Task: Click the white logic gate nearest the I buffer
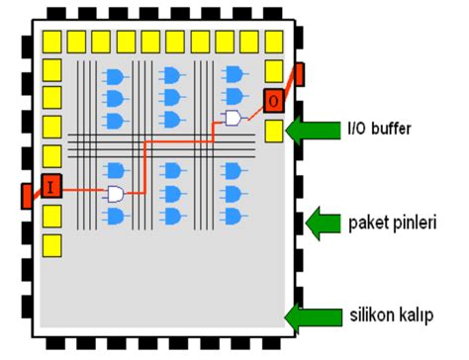point(116,194)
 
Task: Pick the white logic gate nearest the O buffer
point(234,119)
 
